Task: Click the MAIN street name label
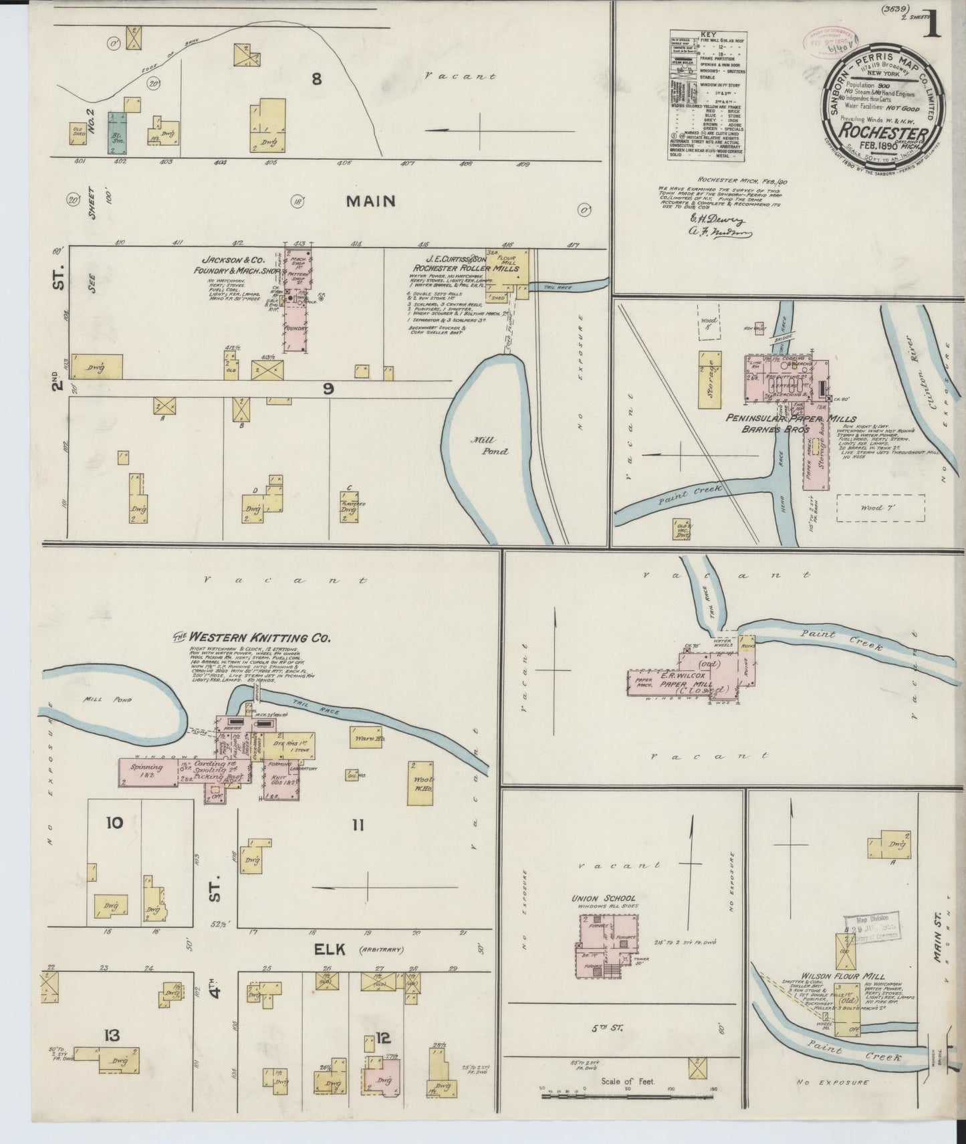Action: [x=370, y=201]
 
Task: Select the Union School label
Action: [x=603, y=898]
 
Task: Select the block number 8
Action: [x=316, y=79]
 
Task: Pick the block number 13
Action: [x=111, y=1036]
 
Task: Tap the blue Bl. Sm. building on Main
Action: [x=120, y=134]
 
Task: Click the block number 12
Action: [x=382, y=1038]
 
